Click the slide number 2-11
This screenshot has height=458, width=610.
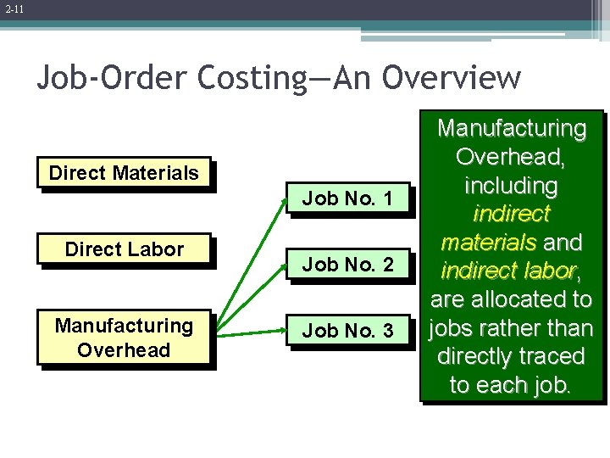pos(13,9)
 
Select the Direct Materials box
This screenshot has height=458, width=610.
pos(125,174)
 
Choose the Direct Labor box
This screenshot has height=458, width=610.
pos(125,249)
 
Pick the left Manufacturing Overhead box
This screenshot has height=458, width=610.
pos(125,338)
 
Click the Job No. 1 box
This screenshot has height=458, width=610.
pos(347,199)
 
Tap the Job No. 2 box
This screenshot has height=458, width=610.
pos(347,265)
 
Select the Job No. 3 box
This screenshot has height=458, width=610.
pos(347,331)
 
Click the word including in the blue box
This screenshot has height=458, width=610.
pos(511,186)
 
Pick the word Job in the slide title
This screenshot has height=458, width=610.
pos(63,78)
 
